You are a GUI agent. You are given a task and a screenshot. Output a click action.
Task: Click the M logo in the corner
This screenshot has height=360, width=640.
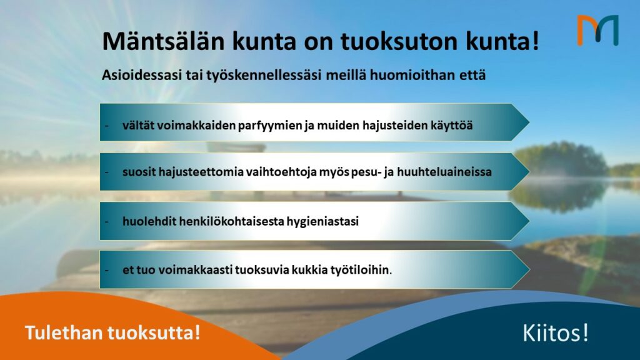(x=597, y=30)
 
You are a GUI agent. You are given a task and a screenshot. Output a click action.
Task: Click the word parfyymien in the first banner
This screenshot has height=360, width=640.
(x=271, y=125)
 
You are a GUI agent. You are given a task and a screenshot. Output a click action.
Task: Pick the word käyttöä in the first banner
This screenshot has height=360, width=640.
(x=450, y=125)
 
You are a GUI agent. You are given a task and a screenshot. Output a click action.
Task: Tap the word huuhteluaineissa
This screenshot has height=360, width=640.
(x=446, y=170)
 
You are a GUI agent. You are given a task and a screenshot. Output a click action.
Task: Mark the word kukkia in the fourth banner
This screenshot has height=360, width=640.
(x=296, y=270)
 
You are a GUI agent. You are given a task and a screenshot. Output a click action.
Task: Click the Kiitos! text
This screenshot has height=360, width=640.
(x=555, y=333)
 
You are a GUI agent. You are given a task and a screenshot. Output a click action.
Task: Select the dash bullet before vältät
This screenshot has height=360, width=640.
(x=107, y=126)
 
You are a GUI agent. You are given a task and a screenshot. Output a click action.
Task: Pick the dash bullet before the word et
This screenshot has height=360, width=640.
(x=107, y=271)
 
